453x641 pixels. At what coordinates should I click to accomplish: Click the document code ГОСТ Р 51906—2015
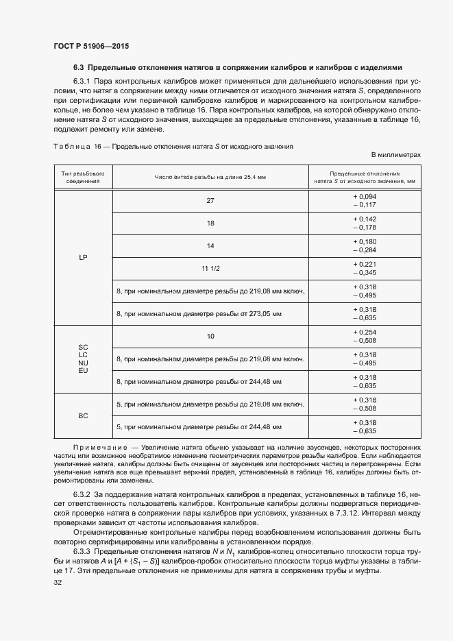tap(90, 46)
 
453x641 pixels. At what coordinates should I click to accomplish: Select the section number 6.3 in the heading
tap(78, 67)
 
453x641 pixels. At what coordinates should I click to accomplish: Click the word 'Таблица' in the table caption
tap(72, 146)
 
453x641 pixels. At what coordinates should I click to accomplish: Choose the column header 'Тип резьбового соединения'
tap(82, 177)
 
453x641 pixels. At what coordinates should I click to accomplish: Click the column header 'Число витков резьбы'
tap(210, 177)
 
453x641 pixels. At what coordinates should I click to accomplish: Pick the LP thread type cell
tap(82, 257)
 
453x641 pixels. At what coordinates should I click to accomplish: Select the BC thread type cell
tap(82, 415)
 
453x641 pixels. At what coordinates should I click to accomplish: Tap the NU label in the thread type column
tap(83, 363)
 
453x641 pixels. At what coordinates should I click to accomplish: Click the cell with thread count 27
tap(210, 200)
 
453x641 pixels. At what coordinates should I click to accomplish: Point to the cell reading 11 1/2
tap(210, 269)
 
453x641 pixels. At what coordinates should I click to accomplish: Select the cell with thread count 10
tap(210, 336)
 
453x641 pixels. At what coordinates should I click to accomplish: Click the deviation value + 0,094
tap(365, 196)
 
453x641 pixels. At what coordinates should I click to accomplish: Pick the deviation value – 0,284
tap(365, 250)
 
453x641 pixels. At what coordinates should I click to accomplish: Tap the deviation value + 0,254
tap(365, 332)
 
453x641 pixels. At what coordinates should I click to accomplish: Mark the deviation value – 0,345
tap(365, 273)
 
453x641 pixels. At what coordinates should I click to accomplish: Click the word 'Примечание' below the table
tap(100, 446)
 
